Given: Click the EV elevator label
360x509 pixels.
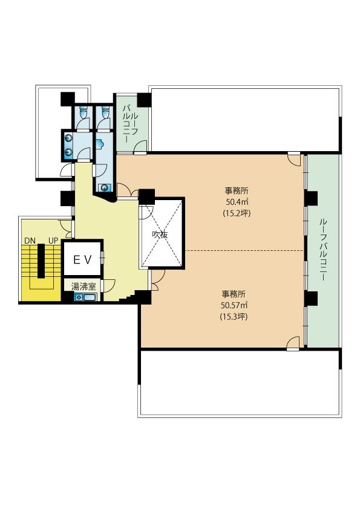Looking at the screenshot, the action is coord(83,259).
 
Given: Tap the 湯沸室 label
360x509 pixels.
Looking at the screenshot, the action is coord(83,287).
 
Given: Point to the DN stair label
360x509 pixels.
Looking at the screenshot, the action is coord(30,241).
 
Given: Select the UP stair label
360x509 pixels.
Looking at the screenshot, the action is coord(53,241).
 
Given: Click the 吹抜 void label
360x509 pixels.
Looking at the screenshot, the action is coord(160,234).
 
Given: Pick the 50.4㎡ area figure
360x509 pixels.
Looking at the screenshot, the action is coord(237,202).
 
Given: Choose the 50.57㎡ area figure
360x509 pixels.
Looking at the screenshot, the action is coord(235,305).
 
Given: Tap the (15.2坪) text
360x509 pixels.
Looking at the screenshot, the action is coord(237,213).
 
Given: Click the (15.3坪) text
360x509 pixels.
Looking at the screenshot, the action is coord(234,316).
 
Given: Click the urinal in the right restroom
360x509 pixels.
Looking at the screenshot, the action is coord(100,143).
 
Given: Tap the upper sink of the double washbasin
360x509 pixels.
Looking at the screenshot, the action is coord(68,138).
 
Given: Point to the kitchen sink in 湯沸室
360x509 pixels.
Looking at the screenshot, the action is coord(89,297).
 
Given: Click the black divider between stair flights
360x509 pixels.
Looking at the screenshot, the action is coord(41,261).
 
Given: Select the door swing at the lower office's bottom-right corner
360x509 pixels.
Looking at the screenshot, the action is coord(293,343).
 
